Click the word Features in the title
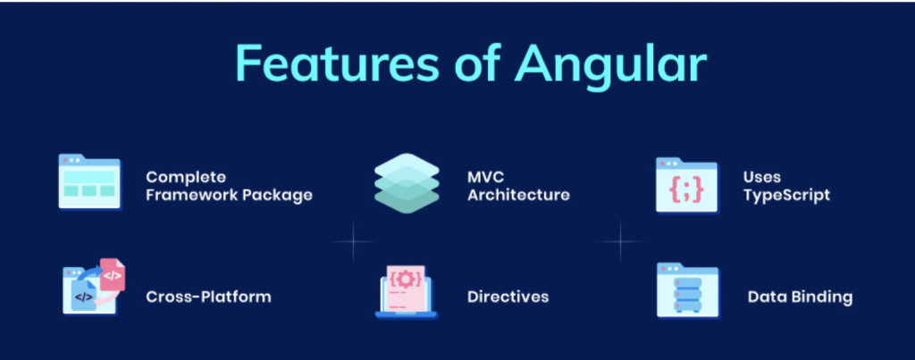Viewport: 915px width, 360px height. tap(337, 63)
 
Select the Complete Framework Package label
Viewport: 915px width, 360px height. tap(229, 186)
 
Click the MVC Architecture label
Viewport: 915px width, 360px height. tap(518, 186)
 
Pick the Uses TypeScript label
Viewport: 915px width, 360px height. tap(786, 186)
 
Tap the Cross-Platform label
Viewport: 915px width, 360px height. tap(208, 297)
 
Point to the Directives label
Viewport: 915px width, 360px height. tap(508, 297)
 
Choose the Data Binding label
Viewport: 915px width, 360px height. tap(800, 297)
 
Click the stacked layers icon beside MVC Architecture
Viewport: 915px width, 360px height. tap(407, 182)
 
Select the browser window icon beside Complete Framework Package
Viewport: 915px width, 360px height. tap(90, 181)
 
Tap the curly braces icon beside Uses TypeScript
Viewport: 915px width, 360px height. tap(687, 186)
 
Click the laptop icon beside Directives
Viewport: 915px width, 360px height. tap(407, 292)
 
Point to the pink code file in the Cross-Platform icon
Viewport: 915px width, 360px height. tap(112, 274)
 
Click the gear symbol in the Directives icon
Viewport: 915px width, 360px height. tap(407, 279)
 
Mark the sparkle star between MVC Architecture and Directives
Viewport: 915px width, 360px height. tap(353, 241)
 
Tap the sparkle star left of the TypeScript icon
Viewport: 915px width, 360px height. tap(620, 241)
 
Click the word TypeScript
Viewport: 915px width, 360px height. tap(786, 195)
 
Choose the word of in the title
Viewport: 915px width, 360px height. tap(476, 63)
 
